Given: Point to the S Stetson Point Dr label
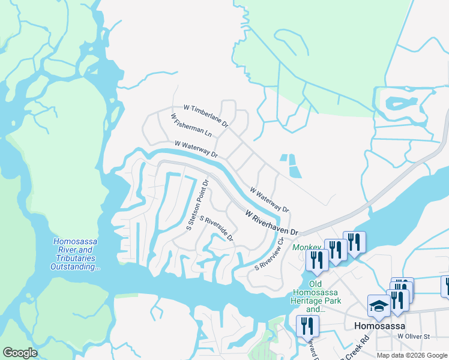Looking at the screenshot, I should pyautogui.click(x=197, y=205).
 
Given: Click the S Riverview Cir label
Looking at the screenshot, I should pyautogui.click(x=269, y=256).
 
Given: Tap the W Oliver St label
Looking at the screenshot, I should pyautogui.click(x=415, y=337).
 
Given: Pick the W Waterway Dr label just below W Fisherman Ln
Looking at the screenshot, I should pyautogui.click(x=196, y=149).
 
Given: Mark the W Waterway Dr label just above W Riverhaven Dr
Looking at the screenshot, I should pyautogui.click(x=269, y=200).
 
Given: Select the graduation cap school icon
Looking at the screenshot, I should pyautogui.click(x=379, y=306).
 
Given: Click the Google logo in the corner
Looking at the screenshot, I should pyautogui.click(x=20, y=353).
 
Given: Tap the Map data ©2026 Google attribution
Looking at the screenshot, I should pyautogui.click(x=412, y=355).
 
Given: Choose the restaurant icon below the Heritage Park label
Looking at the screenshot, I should pyautogui.click(x=307, y=326).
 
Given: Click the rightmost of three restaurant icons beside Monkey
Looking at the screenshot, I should pyautogui.click(x=354, y=242).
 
